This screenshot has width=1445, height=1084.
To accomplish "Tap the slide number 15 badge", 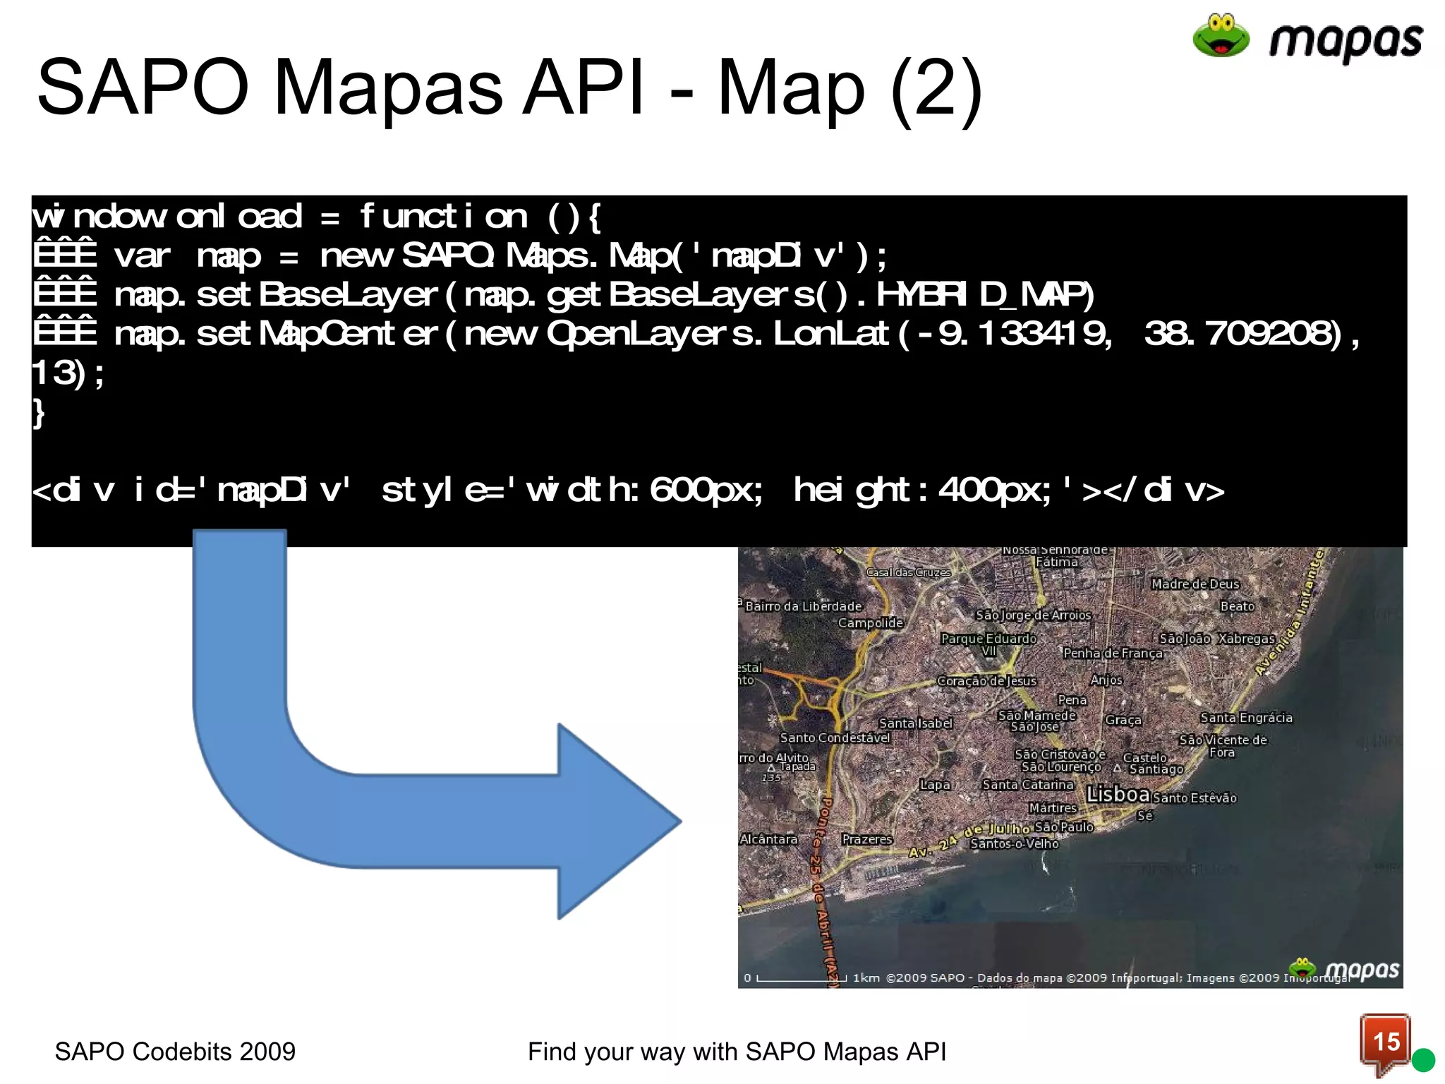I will pos(1386,1042).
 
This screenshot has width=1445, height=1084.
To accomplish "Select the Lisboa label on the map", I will pos(1118,794).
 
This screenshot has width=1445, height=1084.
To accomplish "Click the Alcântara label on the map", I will pos(768,839).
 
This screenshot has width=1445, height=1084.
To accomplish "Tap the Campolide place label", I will pos(870,622).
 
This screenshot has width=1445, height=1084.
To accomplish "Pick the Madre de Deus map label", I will pos(1195,584).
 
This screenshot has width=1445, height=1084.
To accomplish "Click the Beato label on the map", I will pos(1237,606).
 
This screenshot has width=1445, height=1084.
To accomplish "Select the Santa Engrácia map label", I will pos(1246,718).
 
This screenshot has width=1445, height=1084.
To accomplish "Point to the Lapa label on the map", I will pos(935,785).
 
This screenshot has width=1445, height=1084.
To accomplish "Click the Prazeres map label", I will pos(866,839).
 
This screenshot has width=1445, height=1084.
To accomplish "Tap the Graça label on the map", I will pos(1123,720).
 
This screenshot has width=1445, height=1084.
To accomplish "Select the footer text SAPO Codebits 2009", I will pos(175,1052).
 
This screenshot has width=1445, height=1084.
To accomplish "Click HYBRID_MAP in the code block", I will pos(984,295).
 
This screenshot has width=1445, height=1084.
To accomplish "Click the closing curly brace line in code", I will pos(39,413).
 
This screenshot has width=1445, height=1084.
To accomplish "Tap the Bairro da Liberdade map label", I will pos(804,606).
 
